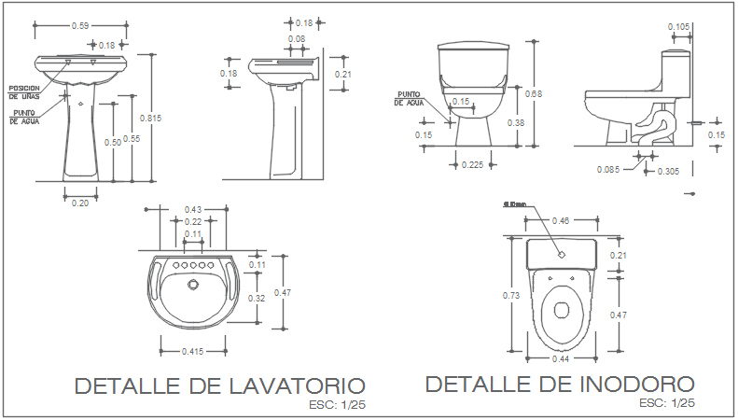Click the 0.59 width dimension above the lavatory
[x=80, y=25]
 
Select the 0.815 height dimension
[x=149, y=118]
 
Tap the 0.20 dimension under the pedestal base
[x=80, y=203]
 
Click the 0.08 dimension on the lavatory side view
[x=296, y=39]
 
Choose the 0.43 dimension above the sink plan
[x=193, y=209]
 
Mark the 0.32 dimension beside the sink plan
[x=258, y=299]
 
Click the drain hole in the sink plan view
[x=192, y=284]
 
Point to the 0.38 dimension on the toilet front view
[x=514, y=122]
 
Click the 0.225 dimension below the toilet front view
[x=473, y=165]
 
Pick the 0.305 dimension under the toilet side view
[x=668, y=172]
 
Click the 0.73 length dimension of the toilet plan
[x=511, y=295]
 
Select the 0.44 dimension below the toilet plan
[x=561, y=358]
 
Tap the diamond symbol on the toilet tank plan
[x=562, y=254]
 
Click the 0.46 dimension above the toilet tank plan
[x=561, y=220]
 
